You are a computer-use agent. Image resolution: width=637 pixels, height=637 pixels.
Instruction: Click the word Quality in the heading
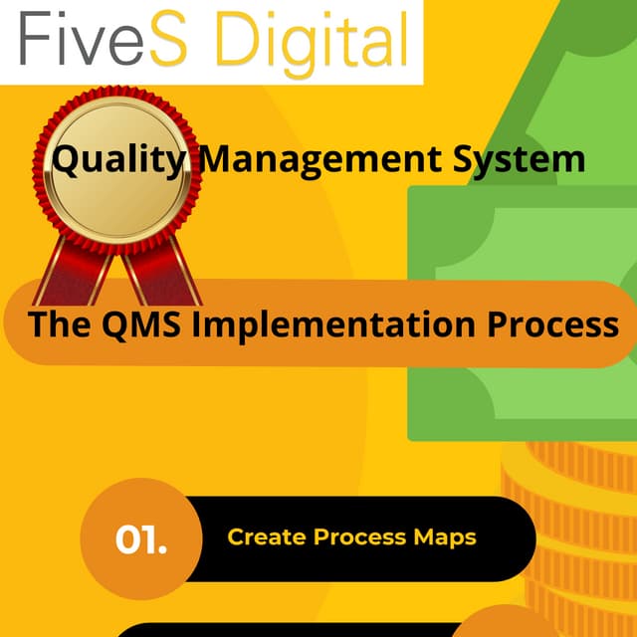pos(119,158)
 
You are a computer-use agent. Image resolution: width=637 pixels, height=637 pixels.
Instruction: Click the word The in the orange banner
pos(59,324)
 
